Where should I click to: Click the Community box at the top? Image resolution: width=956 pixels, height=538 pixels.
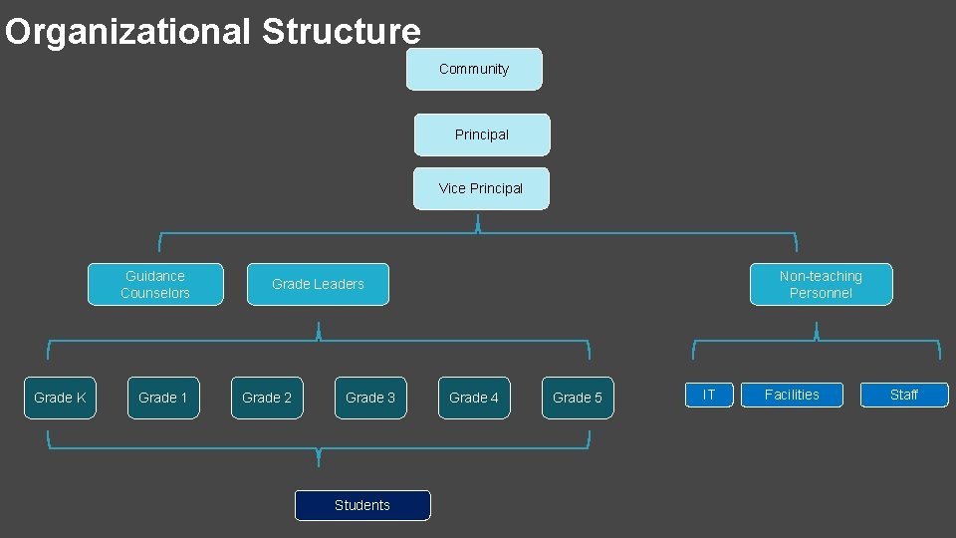474,69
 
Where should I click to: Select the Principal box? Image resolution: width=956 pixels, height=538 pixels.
482,134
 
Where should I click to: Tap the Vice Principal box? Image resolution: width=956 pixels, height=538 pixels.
481,188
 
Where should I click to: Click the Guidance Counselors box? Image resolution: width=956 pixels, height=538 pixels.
155,284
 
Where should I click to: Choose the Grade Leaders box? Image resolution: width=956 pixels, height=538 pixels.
318,284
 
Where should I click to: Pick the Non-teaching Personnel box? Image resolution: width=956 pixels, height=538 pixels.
821,284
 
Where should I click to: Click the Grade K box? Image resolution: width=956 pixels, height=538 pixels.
60,398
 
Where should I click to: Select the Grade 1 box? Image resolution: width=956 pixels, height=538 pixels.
163,398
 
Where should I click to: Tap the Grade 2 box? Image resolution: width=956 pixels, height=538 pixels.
267,398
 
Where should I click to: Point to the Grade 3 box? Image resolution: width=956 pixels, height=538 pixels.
370,398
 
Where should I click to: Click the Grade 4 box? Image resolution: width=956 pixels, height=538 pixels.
474,398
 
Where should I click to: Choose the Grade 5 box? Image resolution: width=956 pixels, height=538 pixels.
578,398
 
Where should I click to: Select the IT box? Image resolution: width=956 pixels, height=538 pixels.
709,395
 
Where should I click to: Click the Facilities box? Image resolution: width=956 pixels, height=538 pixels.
792,395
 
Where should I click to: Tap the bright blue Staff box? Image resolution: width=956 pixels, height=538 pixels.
904,395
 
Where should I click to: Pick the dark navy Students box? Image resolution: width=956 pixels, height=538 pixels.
362,505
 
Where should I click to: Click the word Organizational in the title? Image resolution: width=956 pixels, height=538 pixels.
127,32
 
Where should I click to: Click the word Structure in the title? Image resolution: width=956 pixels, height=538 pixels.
342,32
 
